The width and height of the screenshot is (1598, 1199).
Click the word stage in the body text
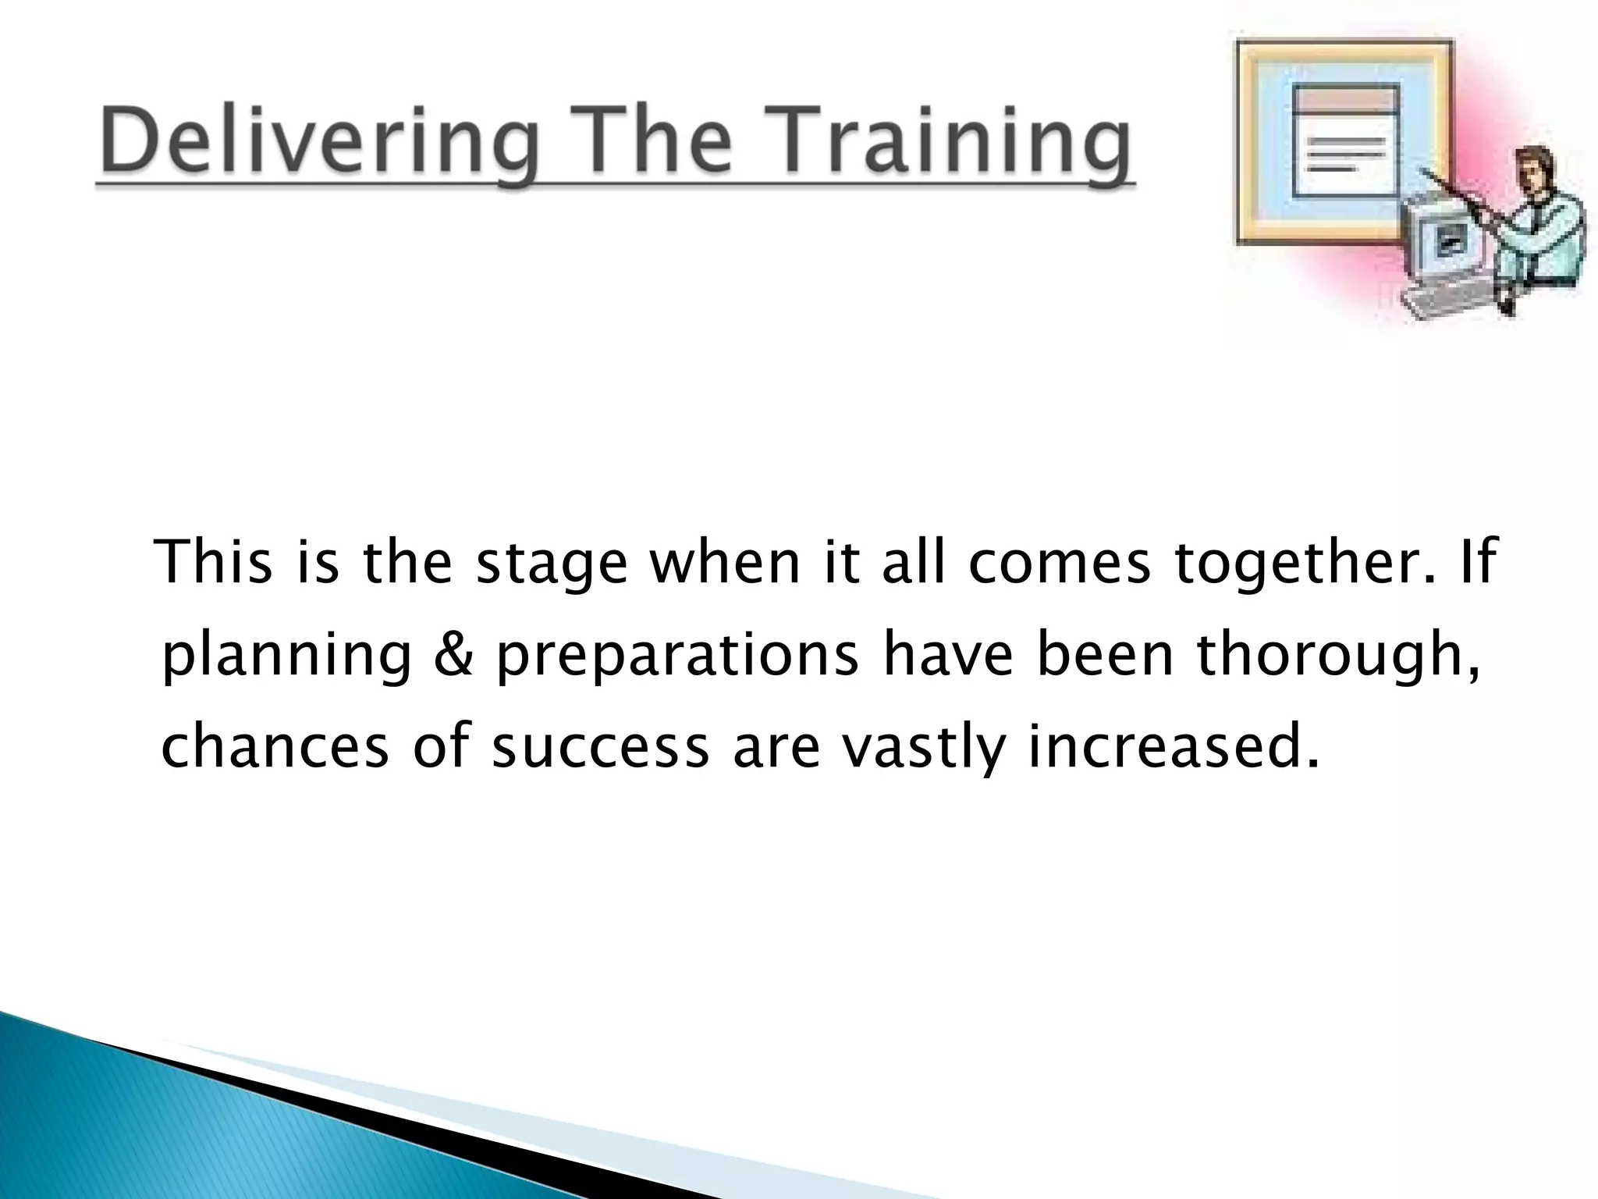[x=551, y=564]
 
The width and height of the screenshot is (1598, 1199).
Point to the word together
[x=1305, y=564]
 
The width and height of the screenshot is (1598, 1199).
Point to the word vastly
[x=923, y=748]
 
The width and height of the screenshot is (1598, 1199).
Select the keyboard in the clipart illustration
[x=1451, y=301]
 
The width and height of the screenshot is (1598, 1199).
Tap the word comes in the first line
[x=1059, y=564]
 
